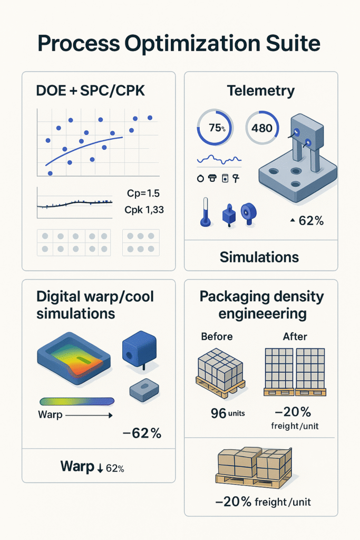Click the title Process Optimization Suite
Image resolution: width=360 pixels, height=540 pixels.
pos(180,44)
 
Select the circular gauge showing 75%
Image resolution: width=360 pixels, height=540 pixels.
pos(213,128)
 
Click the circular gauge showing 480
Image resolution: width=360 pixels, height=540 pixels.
pos(262,128)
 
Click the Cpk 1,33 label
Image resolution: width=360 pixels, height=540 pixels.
pos(144,210)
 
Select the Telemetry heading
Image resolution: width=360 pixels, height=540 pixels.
pos(260,91)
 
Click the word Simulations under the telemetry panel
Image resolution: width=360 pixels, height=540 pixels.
pos(259,257)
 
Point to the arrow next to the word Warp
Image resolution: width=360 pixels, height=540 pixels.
pos(90,416)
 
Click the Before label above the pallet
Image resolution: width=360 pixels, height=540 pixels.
pos(217,335)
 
